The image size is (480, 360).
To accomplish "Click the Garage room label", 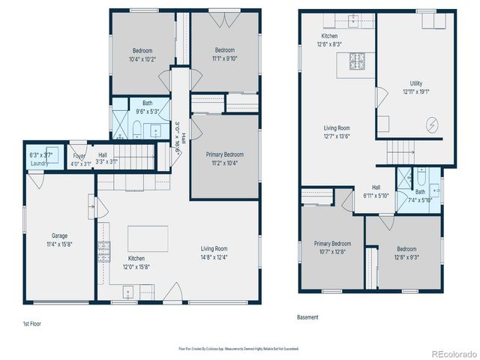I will coord(59,235).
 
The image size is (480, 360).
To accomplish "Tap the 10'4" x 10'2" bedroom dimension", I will coord(142,60).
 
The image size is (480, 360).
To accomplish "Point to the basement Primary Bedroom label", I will coord(331,244).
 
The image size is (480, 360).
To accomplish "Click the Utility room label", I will coord(415,83).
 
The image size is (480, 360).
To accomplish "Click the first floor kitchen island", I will coord(142,238).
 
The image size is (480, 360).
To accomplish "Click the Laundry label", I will coord(39,163).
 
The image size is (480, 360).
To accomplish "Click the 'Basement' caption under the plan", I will coord(307,317).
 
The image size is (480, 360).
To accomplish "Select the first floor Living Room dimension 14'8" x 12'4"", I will coord(214,257).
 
